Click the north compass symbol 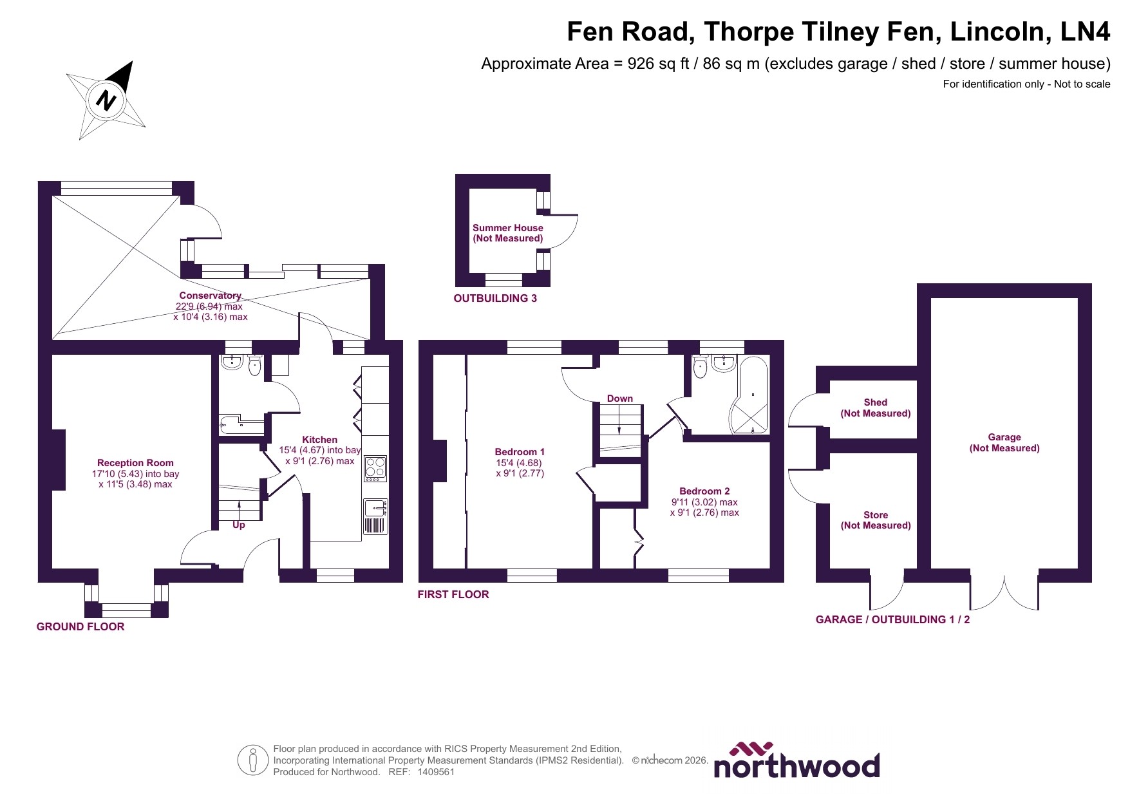[x=106, y=100]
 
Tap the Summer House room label [x=508, y=233]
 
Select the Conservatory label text [x=210, y=296]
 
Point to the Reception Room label [x=135, y=463]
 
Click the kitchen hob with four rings [x=375, y=468]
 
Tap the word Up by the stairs [x=239, y=525]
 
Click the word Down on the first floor [x=620, y=399]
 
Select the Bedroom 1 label [x=520, y=452]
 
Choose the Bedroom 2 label [x=704, y=491]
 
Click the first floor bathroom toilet [x=701, y=368]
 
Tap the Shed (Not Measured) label [x=876, y=408]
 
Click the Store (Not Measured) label [x=876, y=520]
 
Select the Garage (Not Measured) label [x=1004, y=443]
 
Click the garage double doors [x=1004, y=592]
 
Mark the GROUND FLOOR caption [x=80, y=627]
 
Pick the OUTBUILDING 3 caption [x=495, y=299]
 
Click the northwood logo [x=796, y=761]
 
